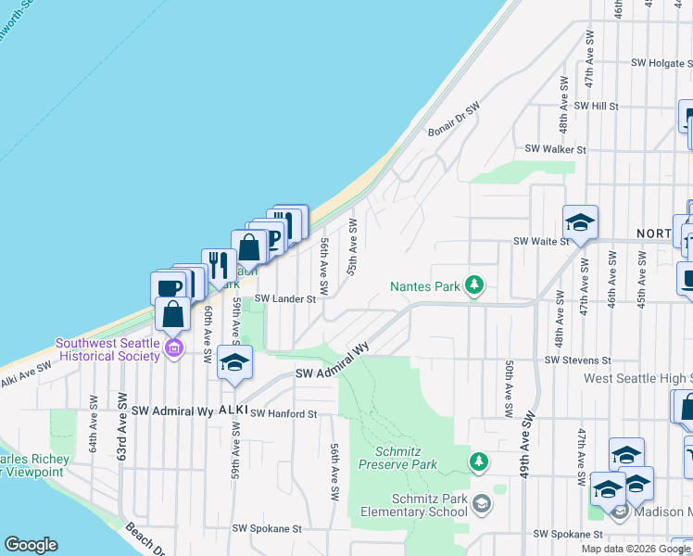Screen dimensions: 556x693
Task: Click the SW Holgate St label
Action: [662, 63]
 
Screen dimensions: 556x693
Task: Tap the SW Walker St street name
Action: [556, 148]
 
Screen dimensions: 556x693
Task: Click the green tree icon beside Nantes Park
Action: [474, 284]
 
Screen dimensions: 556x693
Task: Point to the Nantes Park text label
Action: [425, 287]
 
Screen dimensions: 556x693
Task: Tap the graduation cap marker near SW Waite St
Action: [580, 223]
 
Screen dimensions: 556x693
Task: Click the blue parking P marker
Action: [273, 239]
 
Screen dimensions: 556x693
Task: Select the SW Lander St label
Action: [285, 298]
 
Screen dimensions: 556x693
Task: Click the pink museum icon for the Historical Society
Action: [174, 348]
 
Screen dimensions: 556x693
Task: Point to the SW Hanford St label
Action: [283, 413]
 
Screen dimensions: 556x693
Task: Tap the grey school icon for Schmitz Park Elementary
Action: [480, 504]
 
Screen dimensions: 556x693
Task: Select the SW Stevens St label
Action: [578, 360]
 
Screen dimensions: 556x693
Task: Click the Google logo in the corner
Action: [31, 545]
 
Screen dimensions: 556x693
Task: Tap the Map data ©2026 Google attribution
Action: [636, 549]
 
